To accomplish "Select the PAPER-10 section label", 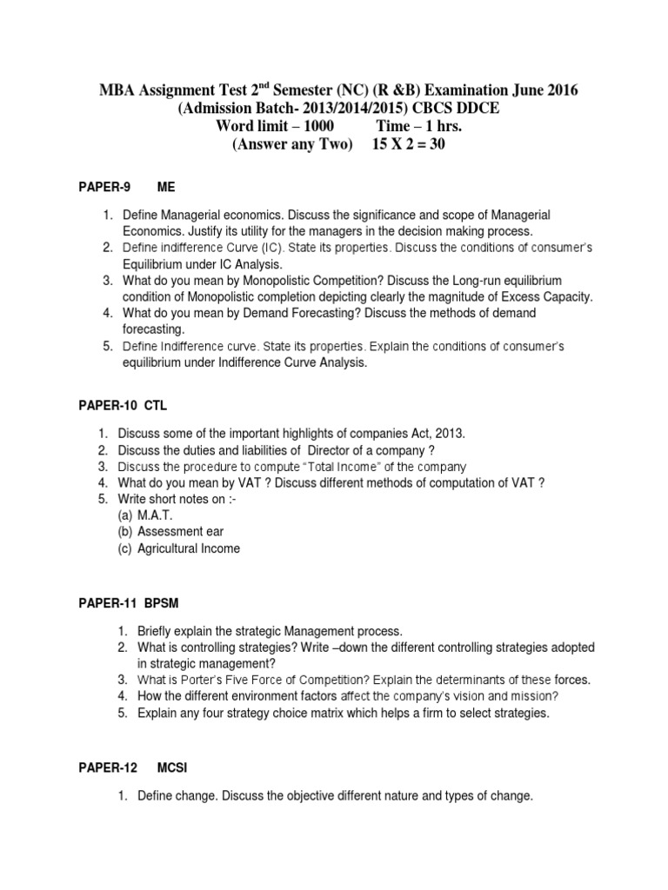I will (x=103, y=406).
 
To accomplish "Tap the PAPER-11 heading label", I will (x=103, y=602).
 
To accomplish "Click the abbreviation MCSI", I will (x=172, y=768).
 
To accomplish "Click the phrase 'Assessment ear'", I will (x=181, y=532).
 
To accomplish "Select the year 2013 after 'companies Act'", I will (x=449, y=433).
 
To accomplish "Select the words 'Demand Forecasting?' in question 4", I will (x=288, y=313).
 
